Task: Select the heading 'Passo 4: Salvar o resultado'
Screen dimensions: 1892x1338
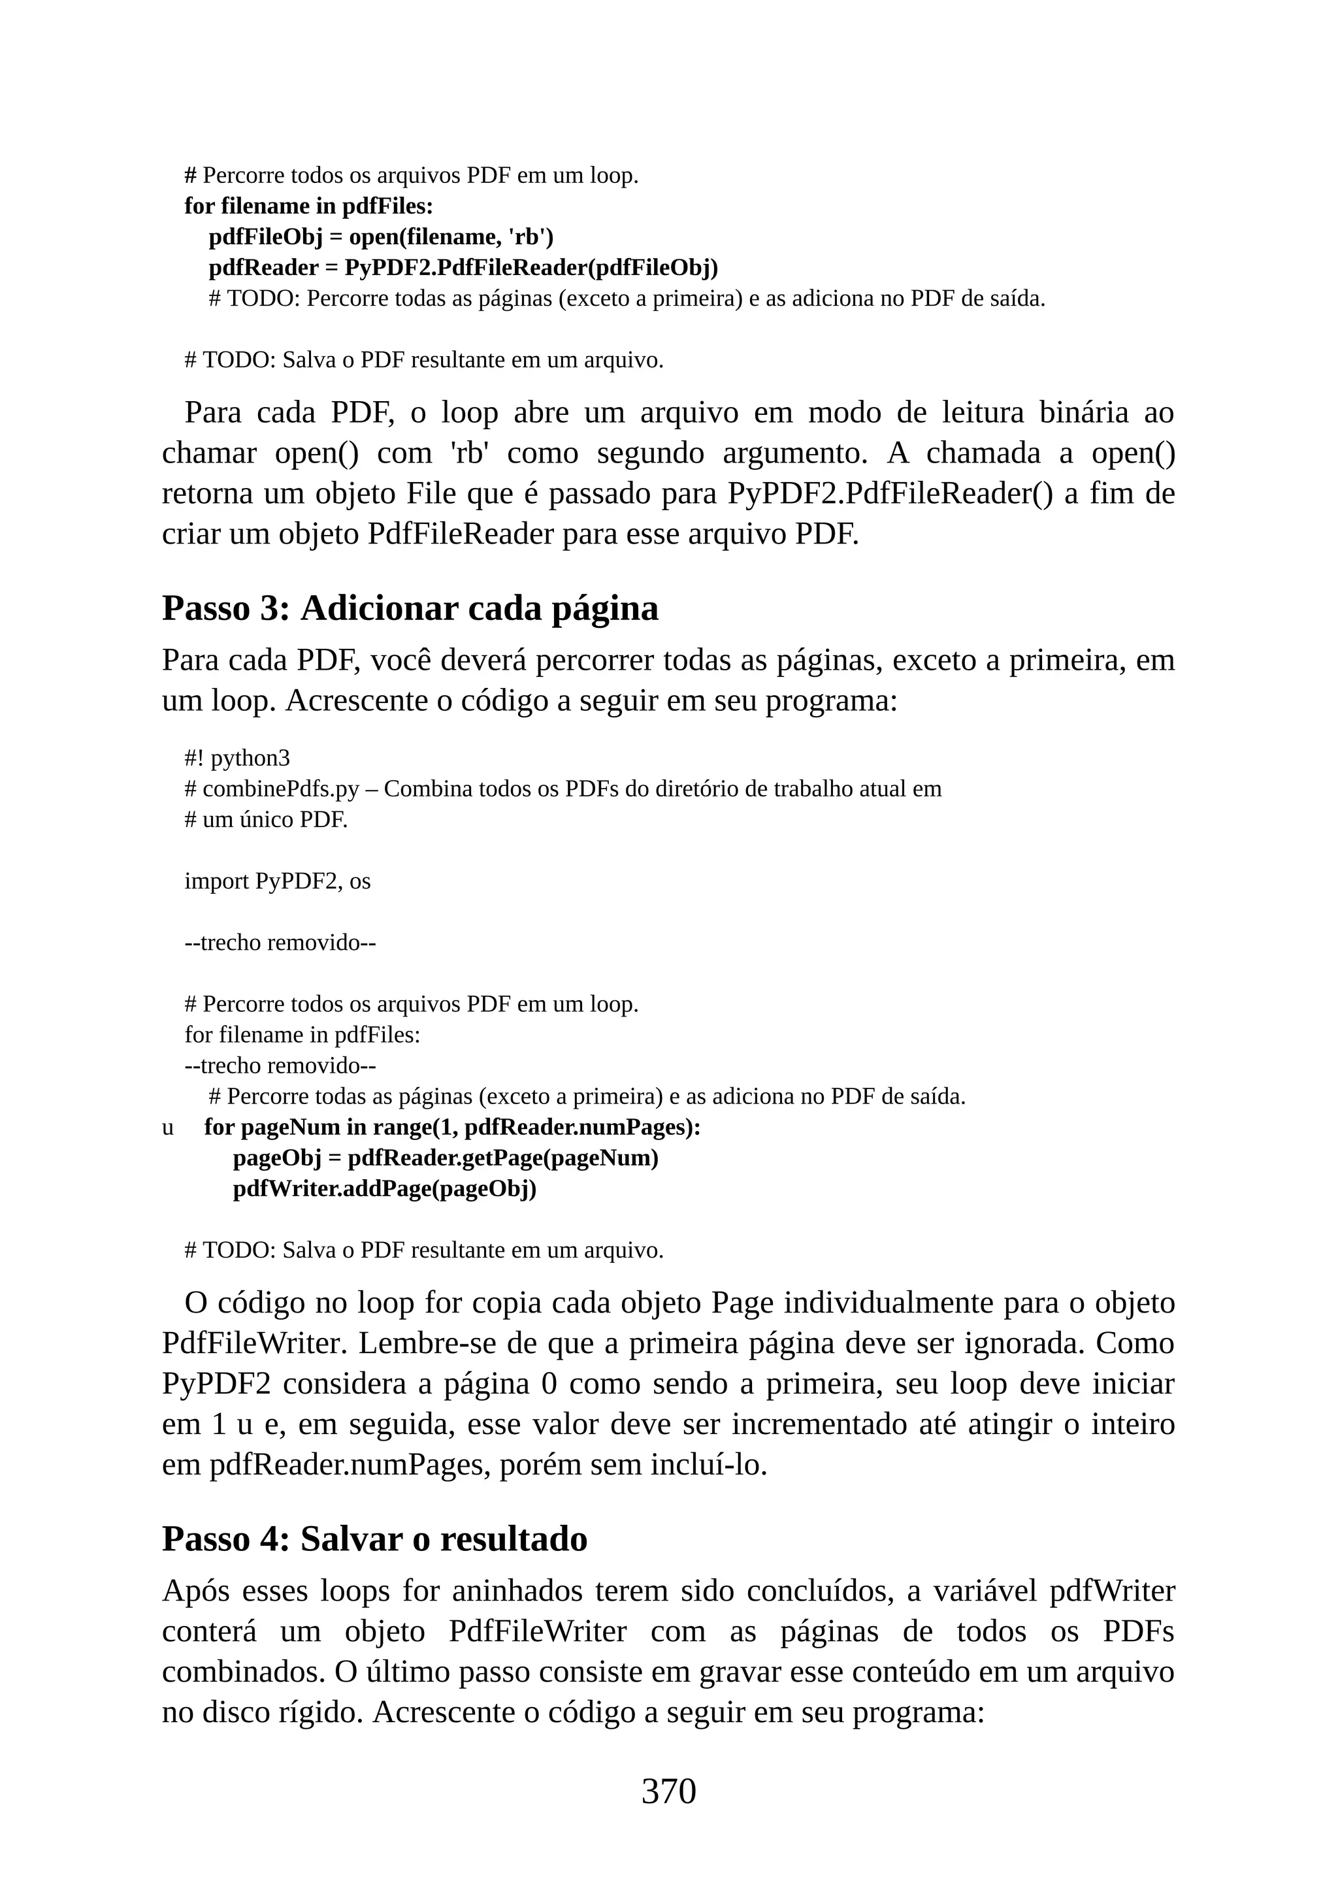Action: [x=374, y=1538]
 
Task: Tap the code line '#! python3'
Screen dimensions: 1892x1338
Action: [x=237, y=757]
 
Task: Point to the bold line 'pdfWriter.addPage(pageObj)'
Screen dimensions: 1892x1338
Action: [x=384, y=1188]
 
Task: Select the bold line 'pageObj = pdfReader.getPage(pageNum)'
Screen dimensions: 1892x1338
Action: [x=445, y=1158]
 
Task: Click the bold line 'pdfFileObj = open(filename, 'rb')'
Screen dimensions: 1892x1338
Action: [x=381, y=236]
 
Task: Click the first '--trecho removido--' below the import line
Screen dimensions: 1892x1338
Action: [x=280, y=942]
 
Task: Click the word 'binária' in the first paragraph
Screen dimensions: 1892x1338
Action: [x=1083, y=412]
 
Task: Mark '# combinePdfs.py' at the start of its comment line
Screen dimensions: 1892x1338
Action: [x=271, y=789]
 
